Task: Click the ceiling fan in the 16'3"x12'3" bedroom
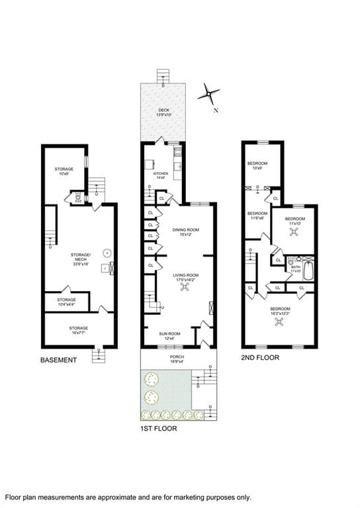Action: click(280, 322)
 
